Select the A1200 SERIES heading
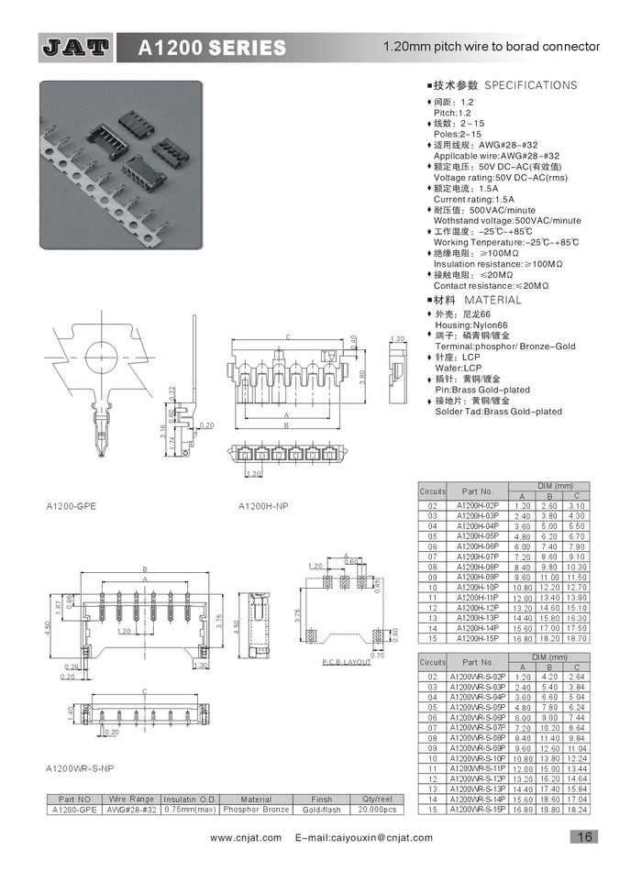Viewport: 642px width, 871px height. pos(212,48)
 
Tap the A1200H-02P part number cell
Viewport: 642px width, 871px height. pos(477,506)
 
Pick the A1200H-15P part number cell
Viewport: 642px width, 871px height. pos(477,637)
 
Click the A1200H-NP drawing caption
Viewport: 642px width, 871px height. pos(265,506)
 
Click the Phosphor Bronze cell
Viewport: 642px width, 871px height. pos(256,810)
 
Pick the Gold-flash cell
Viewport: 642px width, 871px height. pos(322,810)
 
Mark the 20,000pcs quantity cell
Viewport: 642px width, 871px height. pos(378,810)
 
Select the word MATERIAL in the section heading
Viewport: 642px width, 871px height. pos(493,300)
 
